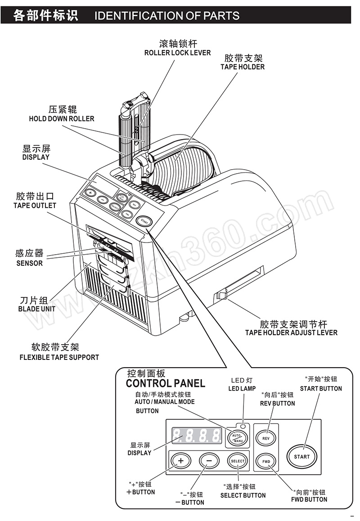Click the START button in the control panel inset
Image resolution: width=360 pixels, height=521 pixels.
click(302, 456)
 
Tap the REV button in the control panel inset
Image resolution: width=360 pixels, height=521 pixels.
click(265, 438)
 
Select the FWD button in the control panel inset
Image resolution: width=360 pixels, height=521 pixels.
click(265, 461)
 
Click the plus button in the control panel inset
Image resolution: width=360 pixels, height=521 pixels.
click(180, 461)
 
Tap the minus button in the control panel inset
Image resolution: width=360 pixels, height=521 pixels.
click(209, 461)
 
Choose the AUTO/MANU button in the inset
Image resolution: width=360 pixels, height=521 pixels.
click(237, 437)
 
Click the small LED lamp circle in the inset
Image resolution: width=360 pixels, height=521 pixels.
click(243, 426)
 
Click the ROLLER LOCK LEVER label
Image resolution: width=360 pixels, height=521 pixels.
click(177, 53)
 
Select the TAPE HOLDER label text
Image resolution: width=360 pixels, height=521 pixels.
click(243, 67)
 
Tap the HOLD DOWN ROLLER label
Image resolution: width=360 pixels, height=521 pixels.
click(62, 119)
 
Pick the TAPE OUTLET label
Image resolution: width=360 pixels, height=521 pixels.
click(35, 206)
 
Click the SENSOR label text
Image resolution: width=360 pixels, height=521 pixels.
click(29, 263)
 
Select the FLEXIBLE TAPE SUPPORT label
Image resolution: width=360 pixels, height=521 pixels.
click(59, 357)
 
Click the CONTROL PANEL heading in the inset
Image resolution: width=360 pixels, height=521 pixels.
click(165, 383)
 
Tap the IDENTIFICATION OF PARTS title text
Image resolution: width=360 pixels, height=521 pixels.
click(167, 16)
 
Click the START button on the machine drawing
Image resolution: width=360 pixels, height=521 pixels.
click(144, 220)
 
